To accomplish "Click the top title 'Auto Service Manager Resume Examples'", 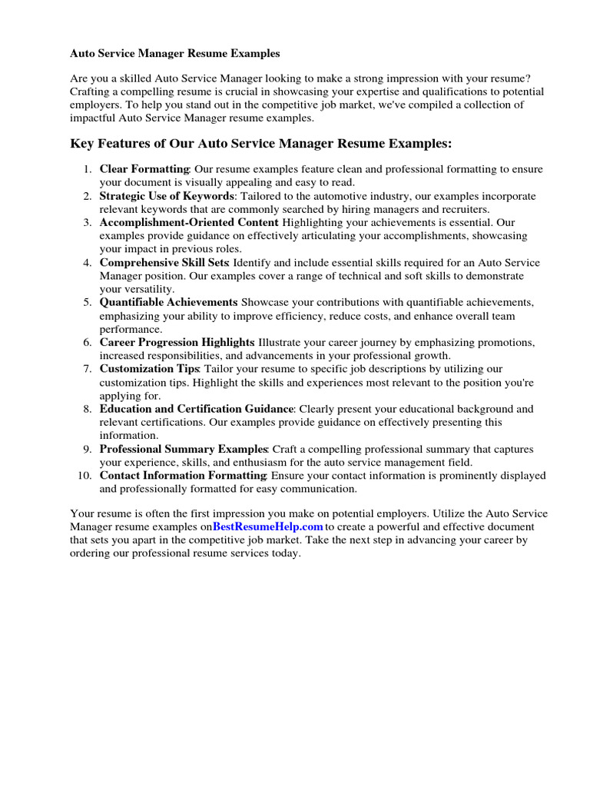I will coord(175,54).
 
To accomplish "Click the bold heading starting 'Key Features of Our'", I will coord(261,144).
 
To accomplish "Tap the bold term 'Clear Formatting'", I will coord(144,168).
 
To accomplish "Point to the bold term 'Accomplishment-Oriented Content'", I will coord(189,222).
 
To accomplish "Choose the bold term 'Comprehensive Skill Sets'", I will coord(164,263).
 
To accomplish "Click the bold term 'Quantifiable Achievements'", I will coord(168,303).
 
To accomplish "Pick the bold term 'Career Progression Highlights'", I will coord(177,342).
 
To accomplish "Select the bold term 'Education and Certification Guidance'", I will coord(197,409).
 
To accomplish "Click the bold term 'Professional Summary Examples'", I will coord(183,449).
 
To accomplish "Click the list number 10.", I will coord(85,476).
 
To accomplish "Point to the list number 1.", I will coord(87,168).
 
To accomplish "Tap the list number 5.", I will coord(87,303).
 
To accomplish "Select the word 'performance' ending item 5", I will coord(130,329).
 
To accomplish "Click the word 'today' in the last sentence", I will coord(281,553).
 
